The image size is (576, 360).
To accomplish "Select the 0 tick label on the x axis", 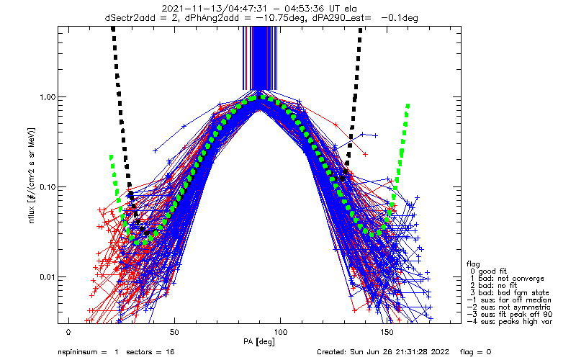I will pyautogui.click(x=68, y=332).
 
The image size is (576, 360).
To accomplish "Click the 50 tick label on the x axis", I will pyautogui.click(x=174, y=332).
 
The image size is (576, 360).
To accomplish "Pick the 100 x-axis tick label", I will pyautogui.click(x=280, y=332).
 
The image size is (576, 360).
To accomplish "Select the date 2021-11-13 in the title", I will pyautogui.click(x=185, y=6).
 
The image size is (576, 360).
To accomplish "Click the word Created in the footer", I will pyautogui.click(x=333, y=353).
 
